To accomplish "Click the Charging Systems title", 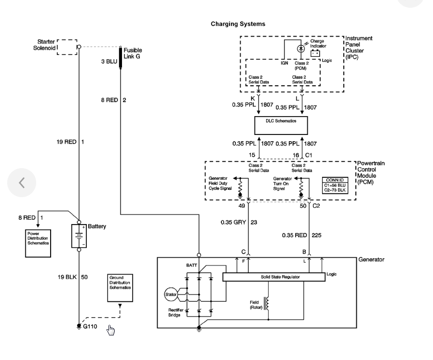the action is coord(238,24).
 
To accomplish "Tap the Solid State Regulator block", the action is coord(274,277).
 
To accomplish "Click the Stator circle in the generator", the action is coord(171,294).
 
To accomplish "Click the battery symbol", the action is coord(79,236).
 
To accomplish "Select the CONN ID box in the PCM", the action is coord(335,185).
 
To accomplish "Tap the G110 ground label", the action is coord(90,326).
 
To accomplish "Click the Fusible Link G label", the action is coord(133,53).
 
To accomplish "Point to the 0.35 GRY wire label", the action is coord(233,222).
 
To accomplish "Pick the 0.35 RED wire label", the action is coord(295,235).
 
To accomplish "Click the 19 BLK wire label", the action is coord(67,277).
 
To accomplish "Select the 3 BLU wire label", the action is coord(109,61).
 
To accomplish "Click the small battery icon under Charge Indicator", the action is coord(315,53).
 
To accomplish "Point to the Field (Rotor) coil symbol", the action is coord(267,304).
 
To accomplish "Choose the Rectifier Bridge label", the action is coord(176,312).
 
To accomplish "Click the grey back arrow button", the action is coord(22,183).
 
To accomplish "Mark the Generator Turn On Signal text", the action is coord(282,184).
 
